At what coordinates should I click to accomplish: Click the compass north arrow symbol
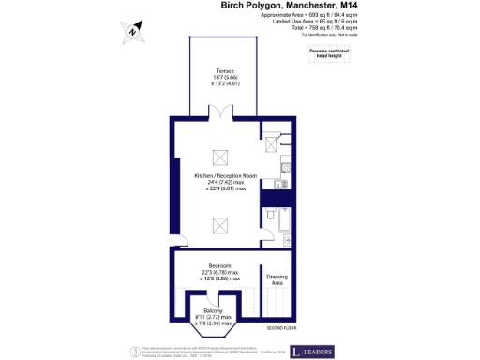tap(133, 32)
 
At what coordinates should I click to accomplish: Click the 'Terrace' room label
tap(225, 71)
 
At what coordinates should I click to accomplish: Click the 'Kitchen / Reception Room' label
tap(225, 176)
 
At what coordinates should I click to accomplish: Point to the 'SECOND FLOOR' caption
tap(281, 328)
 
